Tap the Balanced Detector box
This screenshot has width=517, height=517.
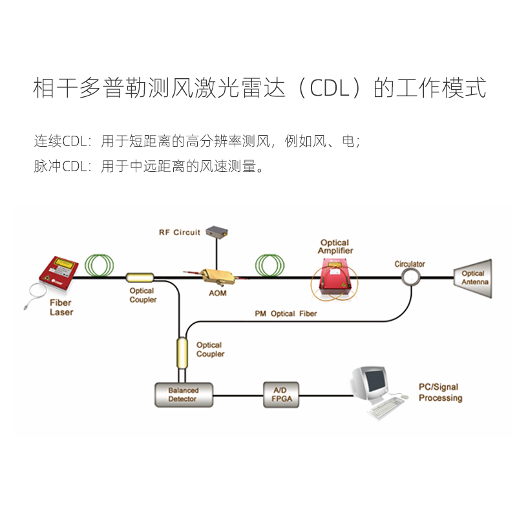pos(184,394)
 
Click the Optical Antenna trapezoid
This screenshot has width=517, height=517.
pos(472,278)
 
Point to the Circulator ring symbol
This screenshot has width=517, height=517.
pos(410,278)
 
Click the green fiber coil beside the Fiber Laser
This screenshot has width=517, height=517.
pos(101,265)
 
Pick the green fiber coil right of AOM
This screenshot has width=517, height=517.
pos(270,265)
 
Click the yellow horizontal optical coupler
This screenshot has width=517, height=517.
pos(140,278)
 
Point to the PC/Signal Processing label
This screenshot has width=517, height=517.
pos(440,392)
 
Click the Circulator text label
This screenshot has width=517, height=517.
pos(410,264)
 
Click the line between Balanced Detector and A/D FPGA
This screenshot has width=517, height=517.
pos(238,395)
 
